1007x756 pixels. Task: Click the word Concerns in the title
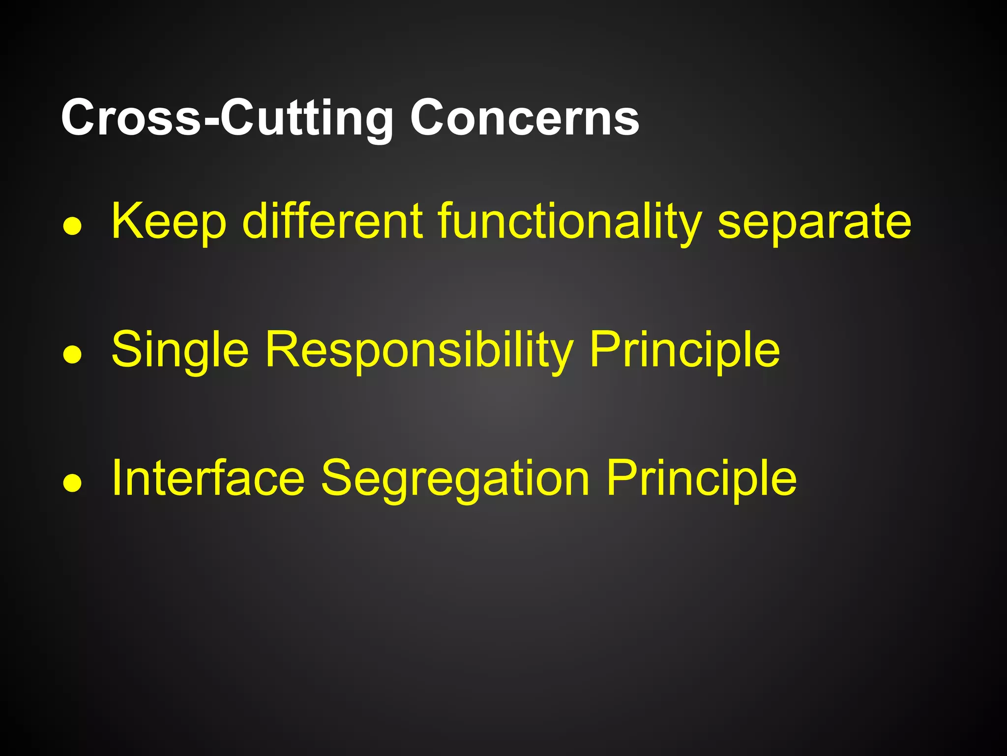tap(525, 118)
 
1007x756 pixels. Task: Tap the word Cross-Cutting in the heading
tap(227, 118)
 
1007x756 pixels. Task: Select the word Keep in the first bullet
tap(169, 221)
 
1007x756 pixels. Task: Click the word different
tap(332, 221)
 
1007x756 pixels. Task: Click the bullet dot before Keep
tap(72, 227)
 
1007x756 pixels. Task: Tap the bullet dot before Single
tap(72, 355)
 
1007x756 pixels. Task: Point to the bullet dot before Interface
tap(72, 483)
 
